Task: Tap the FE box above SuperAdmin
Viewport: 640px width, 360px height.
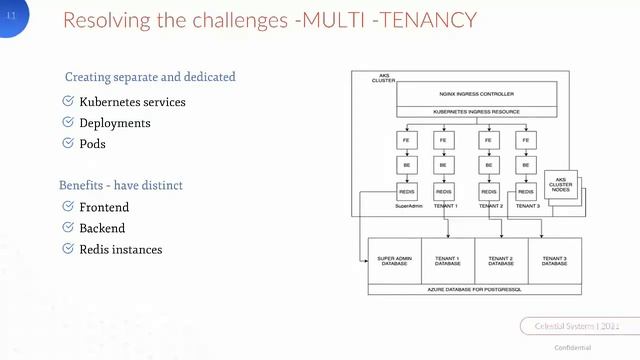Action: coord(406,141)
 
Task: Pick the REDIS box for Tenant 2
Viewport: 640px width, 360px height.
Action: coord(489,190)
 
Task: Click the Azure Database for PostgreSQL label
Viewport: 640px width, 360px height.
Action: coord(474,288)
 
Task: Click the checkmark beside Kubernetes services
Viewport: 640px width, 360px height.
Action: coord(68,102)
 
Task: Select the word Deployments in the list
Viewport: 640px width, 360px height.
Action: coord(115,123)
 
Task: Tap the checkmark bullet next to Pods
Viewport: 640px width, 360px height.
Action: coord(68,143)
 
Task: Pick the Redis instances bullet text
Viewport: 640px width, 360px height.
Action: coord(120,249)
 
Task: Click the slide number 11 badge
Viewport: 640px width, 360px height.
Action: coord(12,16)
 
